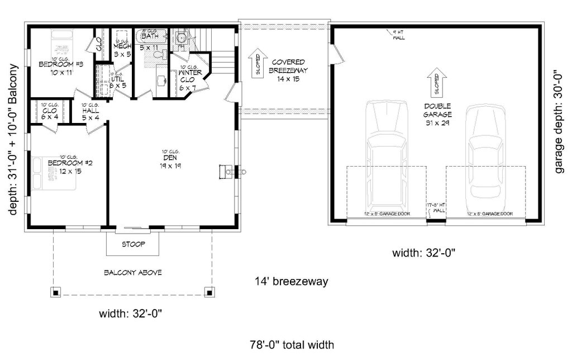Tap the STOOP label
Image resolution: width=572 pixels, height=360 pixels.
click(x=133, y=244)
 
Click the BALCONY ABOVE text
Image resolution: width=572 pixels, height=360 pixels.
click(x=133, y=273)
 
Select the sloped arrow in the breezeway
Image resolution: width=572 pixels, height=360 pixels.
click(x=258, y=64)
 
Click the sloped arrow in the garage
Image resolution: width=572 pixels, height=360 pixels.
click(x=437, y=82)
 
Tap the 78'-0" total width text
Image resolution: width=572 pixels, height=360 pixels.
click(x=292, y=345)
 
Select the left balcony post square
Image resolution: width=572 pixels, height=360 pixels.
click(x=56, y=291)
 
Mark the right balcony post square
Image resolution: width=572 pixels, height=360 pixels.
click(x=209, y=291)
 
